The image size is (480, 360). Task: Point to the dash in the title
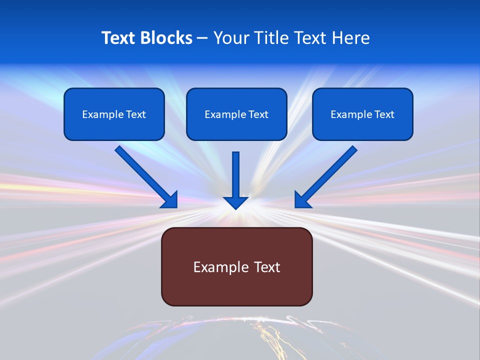click(x=202, y=38)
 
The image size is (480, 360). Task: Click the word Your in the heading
click(x=230, y=38)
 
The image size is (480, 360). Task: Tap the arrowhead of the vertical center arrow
click(x=235, y=202)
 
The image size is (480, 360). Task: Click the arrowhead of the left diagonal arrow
click(x=170, y=200)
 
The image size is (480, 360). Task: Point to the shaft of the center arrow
click(x=235, y=172)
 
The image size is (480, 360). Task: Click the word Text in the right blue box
click(x=383, y=114)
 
